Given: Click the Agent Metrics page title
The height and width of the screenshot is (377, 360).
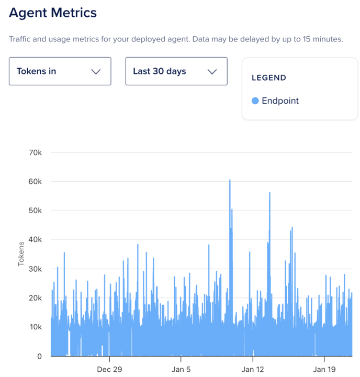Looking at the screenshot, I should (x=53, y=13).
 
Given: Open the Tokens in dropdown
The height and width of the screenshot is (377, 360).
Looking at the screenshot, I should (x=60, y=71).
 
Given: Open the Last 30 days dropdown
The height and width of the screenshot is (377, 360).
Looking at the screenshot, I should (x=176, y=71).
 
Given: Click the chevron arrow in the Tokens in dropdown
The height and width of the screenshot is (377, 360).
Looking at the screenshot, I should (x=96, y=72).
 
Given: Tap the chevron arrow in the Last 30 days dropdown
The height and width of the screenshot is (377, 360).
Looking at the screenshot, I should (x=212, y=72).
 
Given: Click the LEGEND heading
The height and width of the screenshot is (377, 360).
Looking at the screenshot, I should (x=269, y=78).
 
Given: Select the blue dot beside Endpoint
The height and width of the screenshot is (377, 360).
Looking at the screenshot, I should (x=255, y=101).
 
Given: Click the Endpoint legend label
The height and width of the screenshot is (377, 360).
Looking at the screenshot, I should (x=280, y=101).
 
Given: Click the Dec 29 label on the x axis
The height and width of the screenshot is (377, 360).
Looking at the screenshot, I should (x=109, y=369).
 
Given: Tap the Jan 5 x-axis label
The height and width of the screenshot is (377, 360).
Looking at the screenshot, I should (x=181, y=369).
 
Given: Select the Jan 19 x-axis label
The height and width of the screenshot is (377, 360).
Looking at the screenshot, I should (x=324, y=369).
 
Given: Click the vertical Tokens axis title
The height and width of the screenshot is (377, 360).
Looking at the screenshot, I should (x=21, y=254).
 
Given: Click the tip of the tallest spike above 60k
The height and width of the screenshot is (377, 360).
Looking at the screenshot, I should (x=230, y=180).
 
